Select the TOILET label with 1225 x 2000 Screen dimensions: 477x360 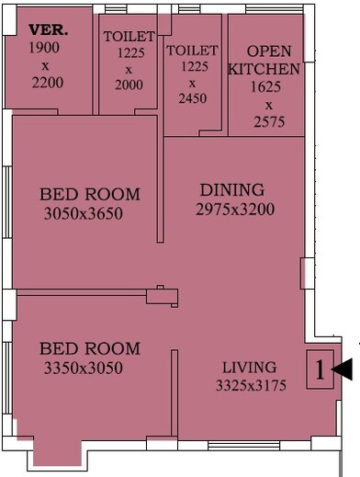tap(128, 37)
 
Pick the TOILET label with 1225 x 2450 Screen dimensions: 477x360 tap(192, 51)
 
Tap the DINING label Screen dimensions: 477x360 tap(232, 190)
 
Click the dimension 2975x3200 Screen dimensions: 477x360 tap(235, 210)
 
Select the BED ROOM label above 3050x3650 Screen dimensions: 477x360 tap(90, 195)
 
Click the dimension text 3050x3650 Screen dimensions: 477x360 tap(83, 214)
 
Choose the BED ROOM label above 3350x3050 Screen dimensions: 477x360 tap(90, 349)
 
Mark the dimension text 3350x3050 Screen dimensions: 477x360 tap(83, 369)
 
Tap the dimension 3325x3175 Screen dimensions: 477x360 tap(251, 385)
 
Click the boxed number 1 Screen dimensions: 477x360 tap(320, 370)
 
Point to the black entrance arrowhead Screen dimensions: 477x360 tap(342, 369)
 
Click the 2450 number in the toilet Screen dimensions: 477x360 tap(192, 99)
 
